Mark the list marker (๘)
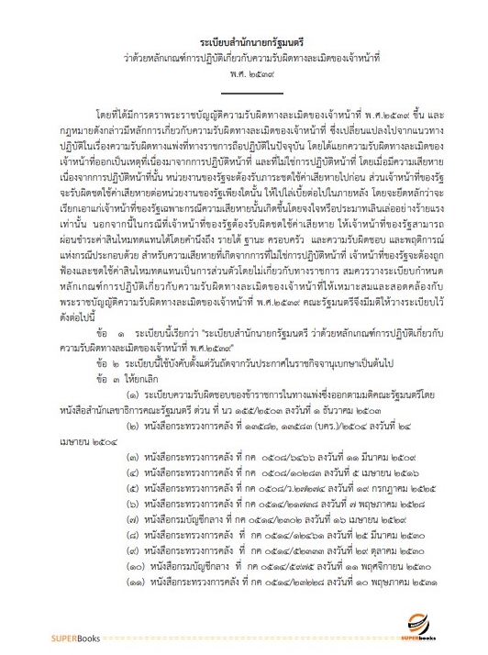(134, 526)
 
